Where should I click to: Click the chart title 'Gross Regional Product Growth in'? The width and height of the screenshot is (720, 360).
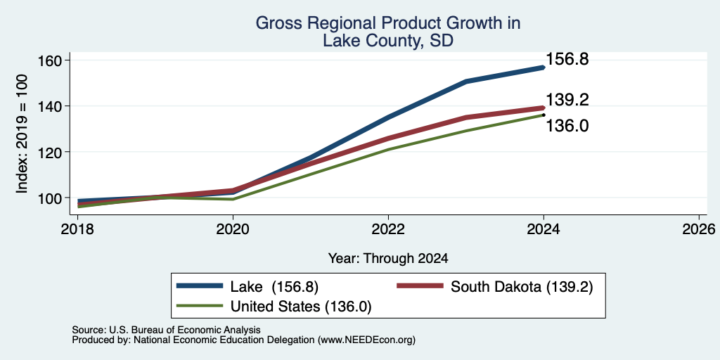388,23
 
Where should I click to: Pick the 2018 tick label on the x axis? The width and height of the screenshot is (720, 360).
77,229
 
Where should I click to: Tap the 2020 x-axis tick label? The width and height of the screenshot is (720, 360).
233,229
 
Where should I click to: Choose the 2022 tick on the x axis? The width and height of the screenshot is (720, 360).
388,229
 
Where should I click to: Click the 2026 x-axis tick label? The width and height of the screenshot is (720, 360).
699,229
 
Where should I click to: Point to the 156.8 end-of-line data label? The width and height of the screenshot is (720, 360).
567,59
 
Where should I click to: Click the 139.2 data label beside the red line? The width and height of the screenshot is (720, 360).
567,100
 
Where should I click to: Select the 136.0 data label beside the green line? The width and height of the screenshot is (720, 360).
567,125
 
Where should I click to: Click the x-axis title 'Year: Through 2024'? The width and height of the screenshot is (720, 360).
388,259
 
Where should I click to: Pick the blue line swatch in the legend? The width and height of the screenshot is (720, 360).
200,286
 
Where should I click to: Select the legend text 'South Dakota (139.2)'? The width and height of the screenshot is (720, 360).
522,287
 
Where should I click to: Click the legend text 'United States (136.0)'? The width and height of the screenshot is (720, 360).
301,307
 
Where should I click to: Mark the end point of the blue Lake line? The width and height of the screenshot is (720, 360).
544,67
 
